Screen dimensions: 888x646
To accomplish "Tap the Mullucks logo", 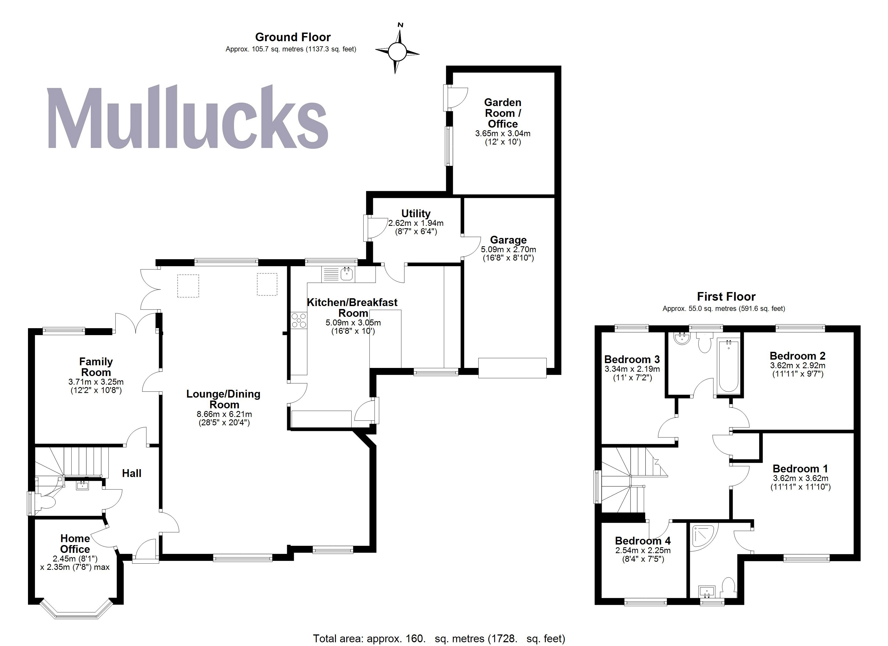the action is coord(187,118).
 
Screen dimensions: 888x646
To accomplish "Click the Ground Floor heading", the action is coord(293,37).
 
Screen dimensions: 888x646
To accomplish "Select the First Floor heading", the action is coord(726,297).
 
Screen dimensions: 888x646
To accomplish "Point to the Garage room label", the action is coord(508,240).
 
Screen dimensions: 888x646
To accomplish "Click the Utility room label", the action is coord(416,213).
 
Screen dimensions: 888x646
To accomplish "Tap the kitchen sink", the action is coord(347,273).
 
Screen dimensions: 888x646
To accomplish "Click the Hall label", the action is coord(132,473).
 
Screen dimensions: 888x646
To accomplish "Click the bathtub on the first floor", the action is coord(729,366).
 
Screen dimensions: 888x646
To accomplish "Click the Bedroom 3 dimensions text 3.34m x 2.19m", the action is coord(632,369).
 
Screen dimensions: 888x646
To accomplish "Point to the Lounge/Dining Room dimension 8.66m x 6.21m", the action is coord(224,414).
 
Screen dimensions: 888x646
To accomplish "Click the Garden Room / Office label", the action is coord(503,113).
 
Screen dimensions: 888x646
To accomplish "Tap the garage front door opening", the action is coord(512,368).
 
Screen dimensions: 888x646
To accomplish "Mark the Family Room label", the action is coord(96,367).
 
